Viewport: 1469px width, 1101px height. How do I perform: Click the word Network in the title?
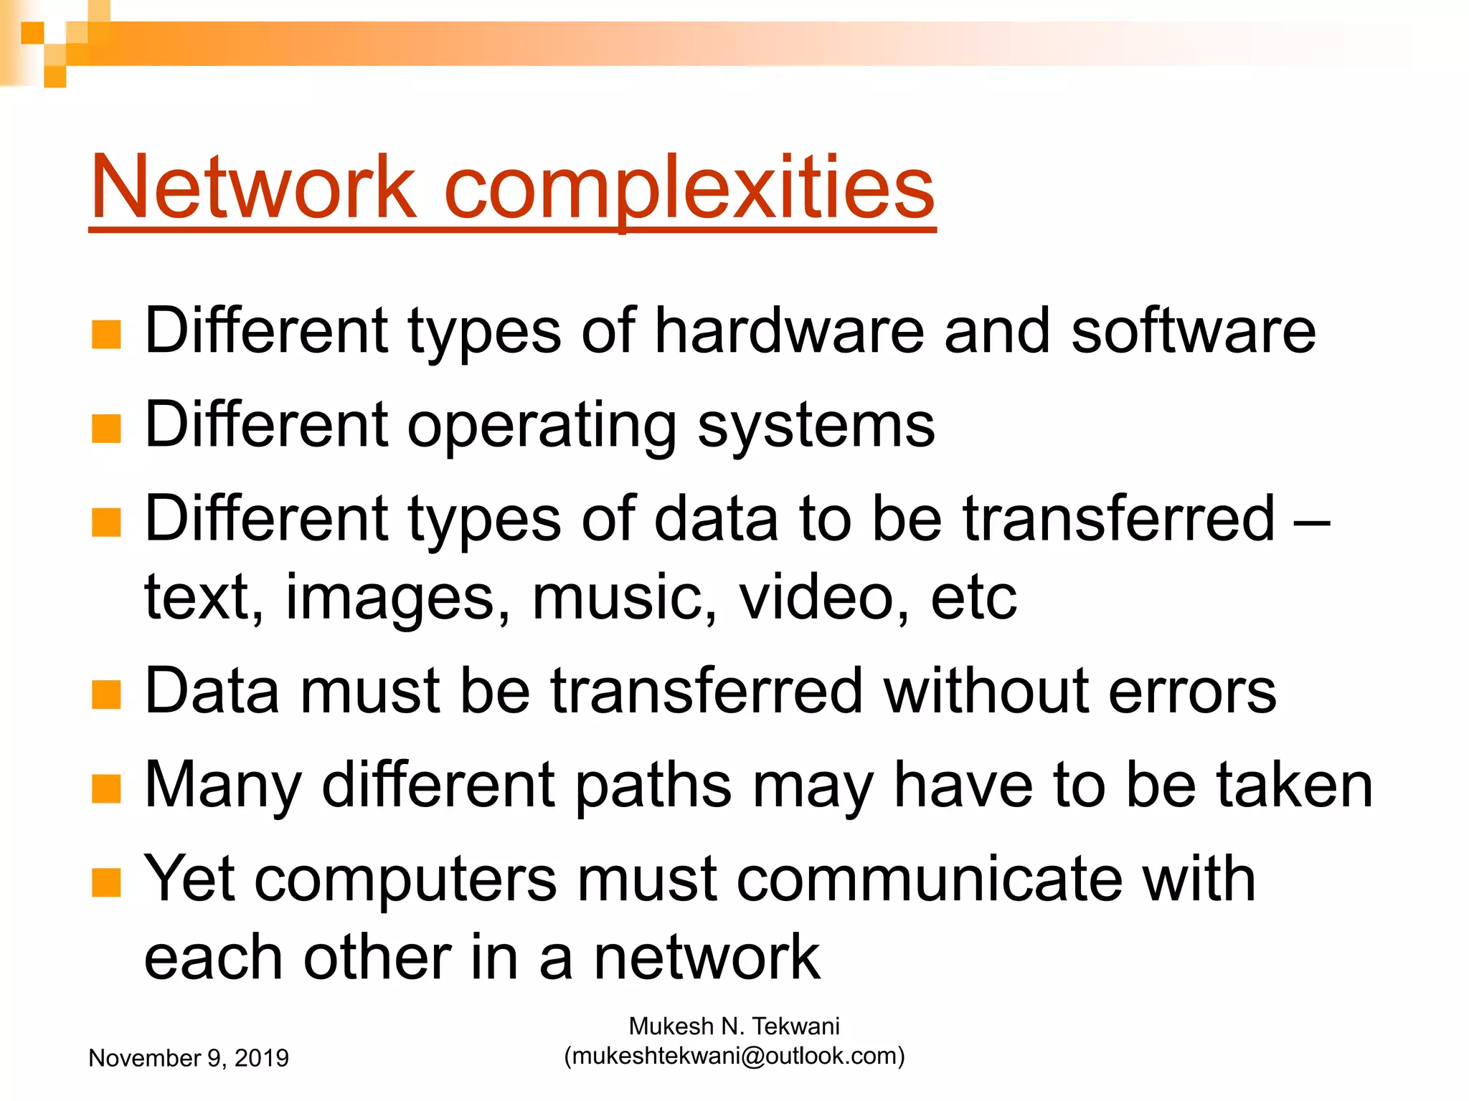coord(252,188)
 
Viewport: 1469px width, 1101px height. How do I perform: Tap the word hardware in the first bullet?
coord(789,330)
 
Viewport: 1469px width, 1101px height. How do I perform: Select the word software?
coord(1193,330)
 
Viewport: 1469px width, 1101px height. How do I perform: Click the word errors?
coord(1192,691)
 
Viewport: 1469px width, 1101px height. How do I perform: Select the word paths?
coord(653,786)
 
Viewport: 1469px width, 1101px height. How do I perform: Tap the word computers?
coord(405,880)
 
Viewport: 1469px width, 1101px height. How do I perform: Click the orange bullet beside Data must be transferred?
coord(106,694)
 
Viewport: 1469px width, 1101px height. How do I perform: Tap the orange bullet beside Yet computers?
coord(106,882)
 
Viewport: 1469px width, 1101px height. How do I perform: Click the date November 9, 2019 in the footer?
coord(189,1058)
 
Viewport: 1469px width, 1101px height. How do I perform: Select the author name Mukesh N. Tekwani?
coord(734,1026)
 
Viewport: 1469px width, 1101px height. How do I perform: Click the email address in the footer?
coord(734,1056)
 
